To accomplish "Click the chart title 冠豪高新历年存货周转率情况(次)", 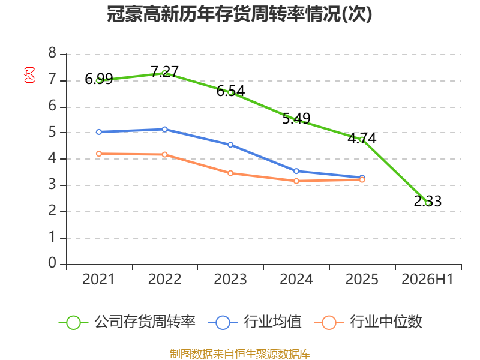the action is pos(239,14).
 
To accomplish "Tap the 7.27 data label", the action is pos(164,71).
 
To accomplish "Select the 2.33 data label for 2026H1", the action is pos(428,201).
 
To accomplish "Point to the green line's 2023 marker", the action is pos(230,92).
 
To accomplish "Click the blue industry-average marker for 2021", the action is pos(99,132).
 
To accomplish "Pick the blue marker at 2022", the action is pos(164,129).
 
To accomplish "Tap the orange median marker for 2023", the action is pos(230,173).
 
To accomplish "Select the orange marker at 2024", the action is pos(296,181).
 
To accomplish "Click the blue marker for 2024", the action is pos(296,171).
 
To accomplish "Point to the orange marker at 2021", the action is pos(99,154).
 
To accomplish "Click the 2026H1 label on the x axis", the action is pos(427,279).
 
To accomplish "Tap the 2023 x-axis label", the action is pos(230,279).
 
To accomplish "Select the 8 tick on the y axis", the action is pos(52,53).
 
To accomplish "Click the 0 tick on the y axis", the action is pos(52,263).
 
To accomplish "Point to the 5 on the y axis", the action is pos(52,132).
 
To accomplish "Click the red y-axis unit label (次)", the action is pos(29,75).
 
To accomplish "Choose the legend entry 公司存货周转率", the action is pos(127,322).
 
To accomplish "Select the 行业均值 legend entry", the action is pos(254,322).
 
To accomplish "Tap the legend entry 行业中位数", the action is pos(368,322).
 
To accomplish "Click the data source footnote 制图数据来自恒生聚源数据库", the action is pos(240,354).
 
